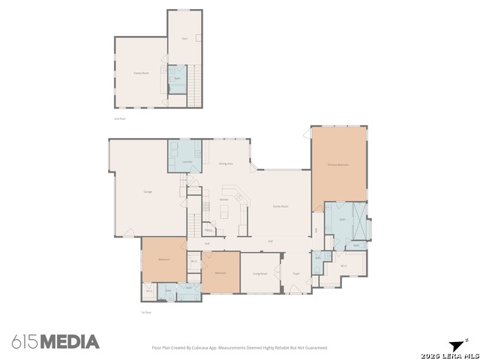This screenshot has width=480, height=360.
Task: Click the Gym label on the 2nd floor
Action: (x=184, y=38)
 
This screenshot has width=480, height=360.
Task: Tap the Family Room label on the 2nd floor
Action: (x=140, y=73)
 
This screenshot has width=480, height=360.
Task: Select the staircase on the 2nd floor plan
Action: (x=195, y=82)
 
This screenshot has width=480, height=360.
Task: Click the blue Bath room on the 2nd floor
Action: (x=177, y=79)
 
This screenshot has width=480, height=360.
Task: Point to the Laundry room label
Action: (x=187, y=162)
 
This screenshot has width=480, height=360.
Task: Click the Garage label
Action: (x=148, y=192)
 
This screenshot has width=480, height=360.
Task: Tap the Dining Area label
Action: (x=225, y=163)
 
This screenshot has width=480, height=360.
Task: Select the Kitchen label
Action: (x=224, y=199)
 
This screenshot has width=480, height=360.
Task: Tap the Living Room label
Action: (x=259, y=274)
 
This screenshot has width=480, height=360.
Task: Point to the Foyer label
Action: (x=296, y=274)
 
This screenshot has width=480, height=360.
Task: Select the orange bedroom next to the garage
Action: (x=163, y=259)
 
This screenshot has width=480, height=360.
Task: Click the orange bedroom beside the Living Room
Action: (x=221, y=273)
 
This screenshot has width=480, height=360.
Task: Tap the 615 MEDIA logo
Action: (x=55, y=342)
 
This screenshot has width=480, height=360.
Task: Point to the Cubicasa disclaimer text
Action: (x=240, y=348)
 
